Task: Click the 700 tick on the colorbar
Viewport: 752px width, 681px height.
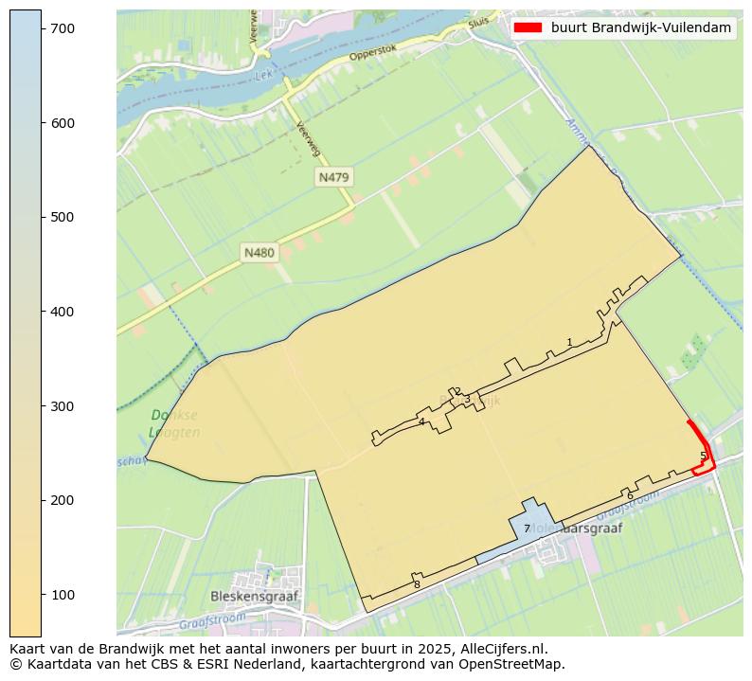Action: pyautogui.click(x=42, y=29)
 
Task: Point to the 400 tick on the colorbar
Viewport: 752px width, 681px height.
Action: pyautogui.click(x=42, y=312)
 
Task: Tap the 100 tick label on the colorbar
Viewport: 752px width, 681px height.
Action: pyautogui.click(x=63, y=595)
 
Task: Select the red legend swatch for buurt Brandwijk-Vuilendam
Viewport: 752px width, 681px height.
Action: pyautogui.click(x=527, y=27)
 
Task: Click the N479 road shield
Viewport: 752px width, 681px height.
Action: pyautogui.click(x=334, y=177)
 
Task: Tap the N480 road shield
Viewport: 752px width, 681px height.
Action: pyautogui.click(x=259, y=252)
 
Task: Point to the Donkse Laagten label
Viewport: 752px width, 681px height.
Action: pyautogui.click(x=174, y=423)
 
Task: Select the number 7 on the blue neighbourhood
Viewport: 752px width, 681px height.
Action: pyautogui.click(x=527, y=529)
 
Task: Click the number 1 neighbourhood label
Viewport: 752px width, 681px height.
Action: pyautogui.click(x=569, y=342)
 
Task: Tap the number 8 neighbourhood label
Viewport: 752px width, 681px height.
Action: pyautogui.click(x=417, y=584)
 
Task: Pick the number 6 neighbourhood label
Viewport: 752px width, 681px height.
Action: pyautogui.click(x=630, y=495)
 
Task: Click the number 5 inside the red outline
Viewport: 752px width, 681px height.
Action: pyautogui.click(x=703, y=456)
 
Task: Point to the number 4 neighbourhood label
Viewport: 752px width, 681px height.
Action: pyautogui.click(x=421, y=421)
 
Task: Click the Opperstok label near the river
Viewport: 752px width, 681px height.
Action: pyautogui.click(x=370, y=55)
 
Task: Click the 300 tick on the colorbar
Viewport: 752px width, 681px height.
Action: pyautogui.click(x=42, y=406)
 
